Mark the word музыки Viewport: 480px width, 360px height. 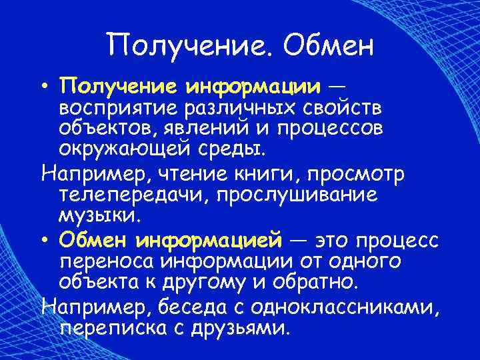[100, 216]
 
